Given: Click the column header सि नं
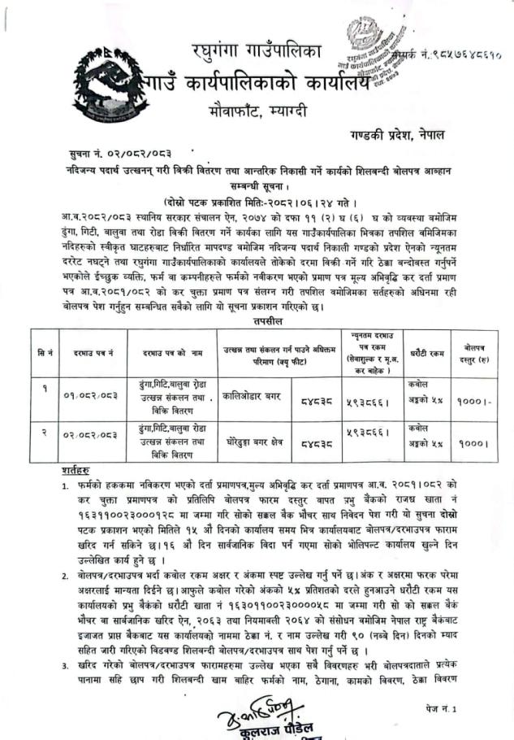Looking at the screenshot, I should [x=45, y=353].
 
